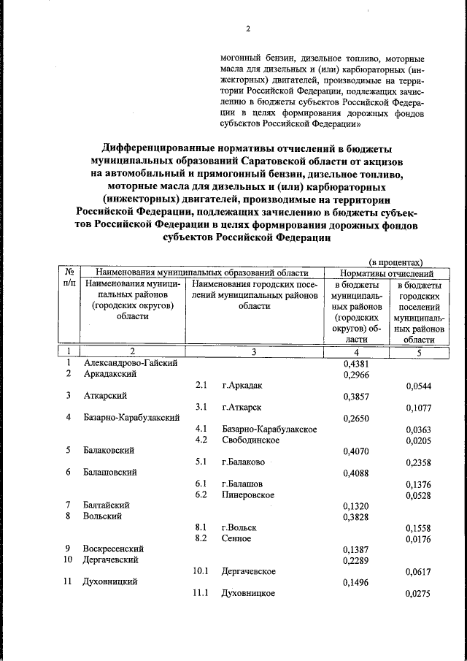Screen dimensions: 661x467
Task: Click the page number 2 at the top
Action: coord(247,29)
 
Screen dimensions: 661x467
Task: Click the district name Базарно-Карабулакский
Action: coord(132,418)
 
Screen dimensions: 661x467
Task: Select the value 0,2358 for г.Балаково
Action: coord(419,462)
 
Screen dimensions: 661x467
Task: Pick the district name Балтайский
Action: coord(107,505)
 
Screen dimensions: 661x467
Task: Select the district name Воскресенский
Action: coord(113,549)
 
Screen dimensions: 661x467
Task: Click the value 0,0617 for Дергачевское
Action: coord(419,571)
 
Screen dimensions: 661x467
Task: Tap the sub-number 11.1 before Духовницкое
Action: coord(201,593)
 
